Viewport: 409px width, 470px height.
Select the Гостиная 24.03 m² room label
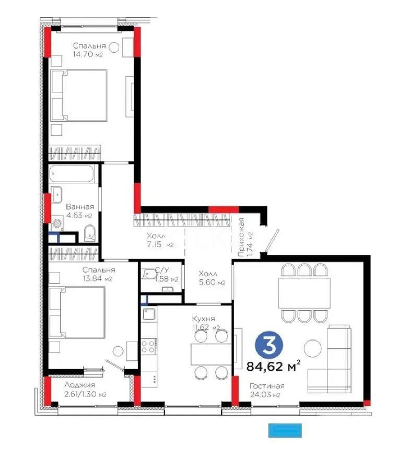coord(266,390)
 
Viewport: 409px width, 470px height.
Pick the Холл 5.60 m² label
coord(211,278)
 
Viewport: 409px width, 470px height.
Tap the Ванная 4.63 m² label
coord(79,210)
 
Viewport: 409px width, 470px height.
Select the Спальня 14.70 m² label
coord(90,50)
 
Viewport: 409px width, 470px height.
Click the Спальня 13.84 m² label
coord(98,274)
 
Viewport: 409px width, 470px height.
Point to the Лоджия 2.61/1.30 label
coord(85,390)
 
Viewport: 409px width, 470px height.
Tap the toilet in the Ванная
coord(89,233)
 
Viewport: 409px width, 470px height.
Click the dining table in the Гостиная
coord(304,292)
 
